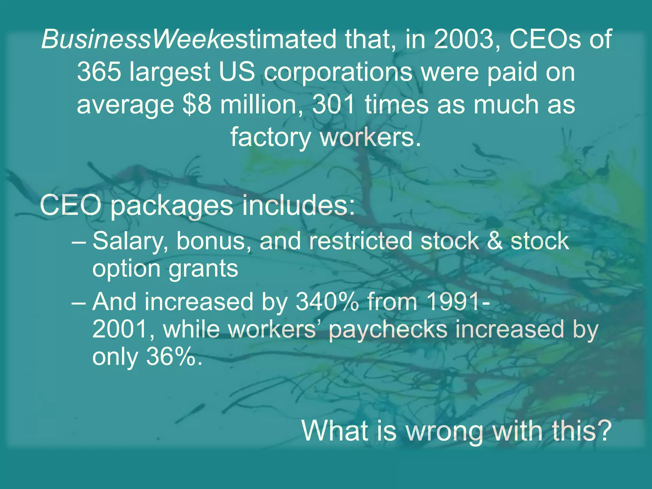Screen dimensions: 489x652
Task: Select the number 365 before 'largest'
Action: click(x=99, y=72)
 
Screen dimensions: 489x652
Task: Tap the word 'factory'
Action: click(x=271, y=138)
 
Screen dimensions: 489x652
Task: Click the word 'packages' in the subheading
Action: click(x=172, y=206)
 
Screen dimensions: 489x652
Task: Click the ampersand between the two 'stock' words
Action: click(x=495, y=241)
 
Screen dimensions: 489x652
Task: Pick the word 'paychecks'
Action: click(x=388, y=330)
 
